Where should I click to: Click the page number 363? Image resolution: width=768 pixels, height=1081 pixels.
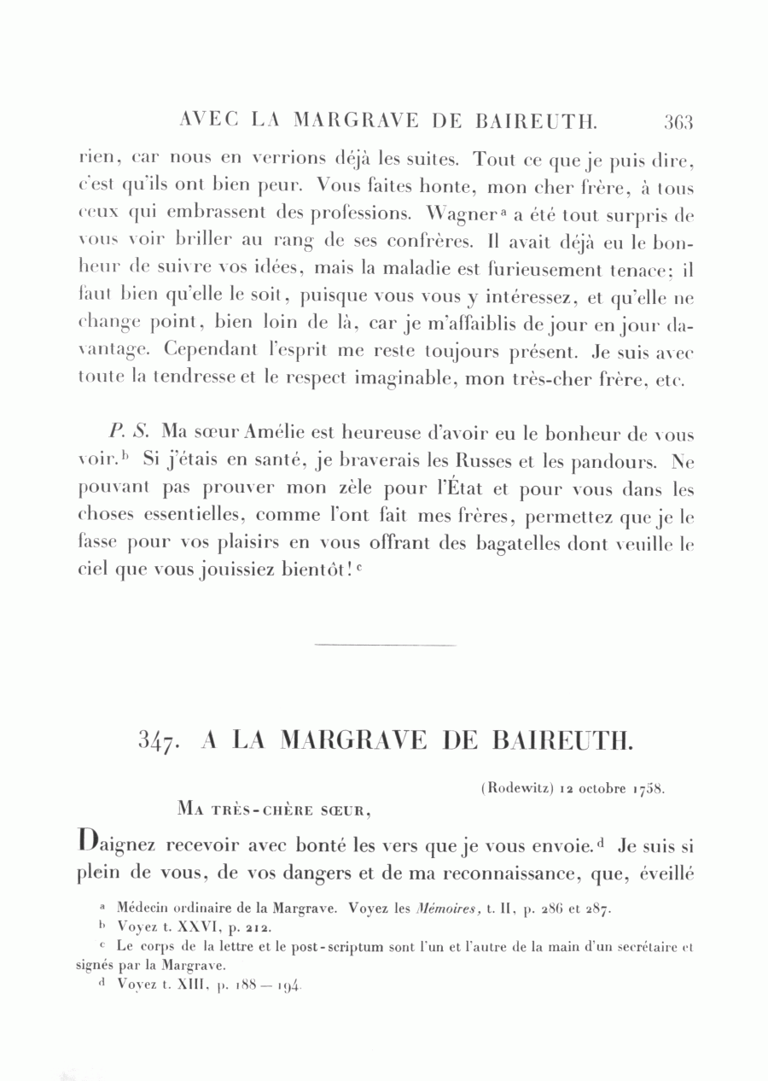(x=678, y=121)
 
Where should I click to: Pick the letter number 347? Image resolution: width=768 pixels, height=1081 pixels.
(x=158, y=739)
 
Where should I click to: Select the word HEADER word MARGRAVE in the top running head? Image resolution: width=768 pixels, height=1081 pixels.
(x=356, y=121)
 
